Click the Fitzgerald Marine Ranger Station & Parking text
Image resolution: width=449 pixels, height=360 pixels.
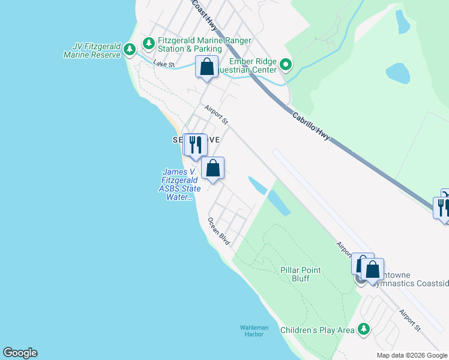[204, 44]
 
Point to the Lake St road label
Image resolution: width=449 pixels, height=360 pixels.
[163, 64]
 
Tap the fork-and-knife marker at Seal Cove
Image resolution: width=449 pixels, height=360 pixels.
[194, 144]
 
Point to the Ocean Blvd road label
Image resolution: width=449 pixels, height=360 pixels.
[219, 230]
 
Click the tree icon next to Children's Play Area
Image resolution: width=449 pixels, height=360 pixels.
[363, 329]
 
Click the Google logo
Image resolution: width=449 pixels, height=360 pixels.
[20, 353]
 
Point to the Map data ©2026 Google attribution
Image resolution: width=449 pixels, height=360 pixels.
[412, 355]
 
